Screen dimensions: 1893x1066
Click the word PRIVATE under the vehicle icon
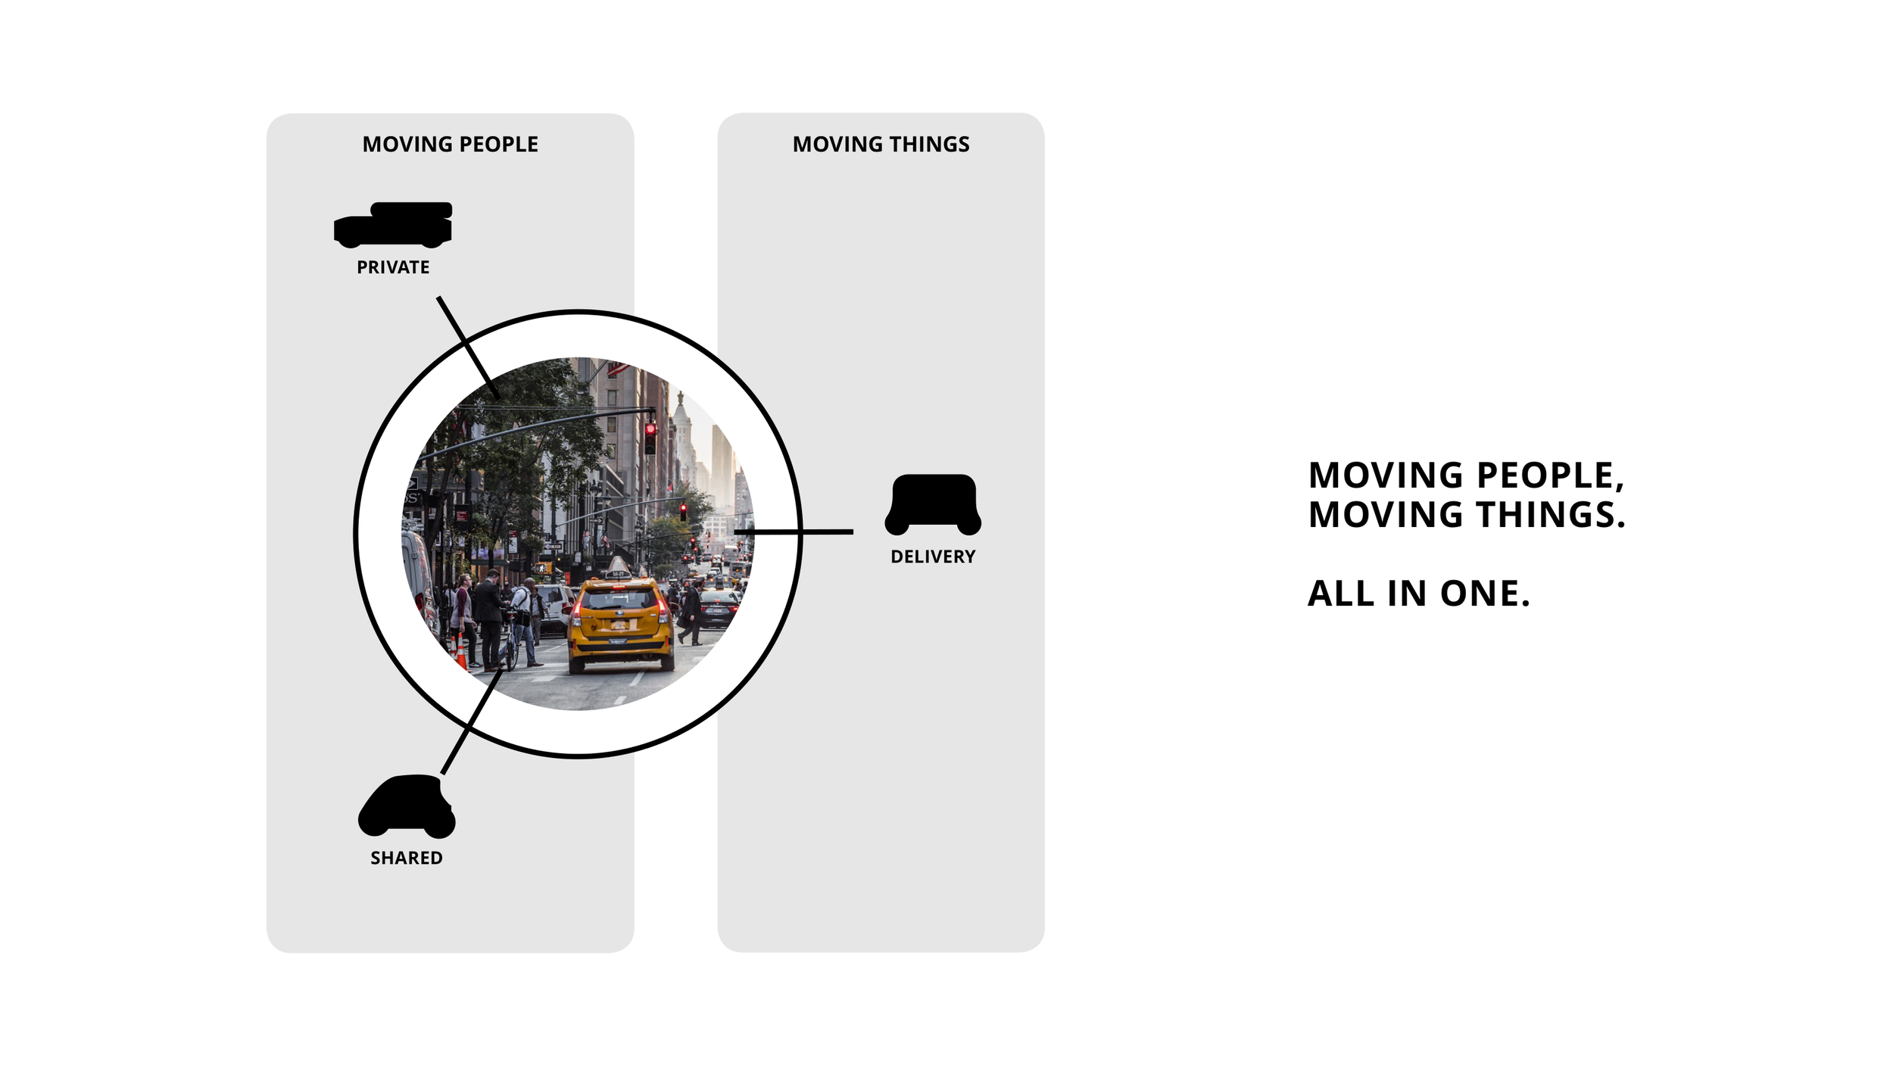pos(393,267)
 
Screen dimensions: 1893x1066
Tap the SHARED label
pos(406,858)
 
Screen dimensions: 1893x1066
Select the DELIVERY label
pos(933,556)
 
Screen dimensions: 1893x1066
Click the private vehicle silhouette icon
pos(393,225)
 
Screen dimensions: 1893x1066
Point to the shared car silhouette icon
pos(407,807)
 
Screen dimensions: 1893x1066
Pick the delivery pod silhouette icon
pos(933,504)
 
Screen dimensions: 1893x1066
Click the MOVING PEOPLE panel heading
pos(450,144)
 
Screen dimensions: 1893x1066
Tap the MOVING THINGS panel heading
pos(881,144)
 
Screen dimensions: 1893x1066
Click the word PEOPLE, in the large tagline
pos(1550,475)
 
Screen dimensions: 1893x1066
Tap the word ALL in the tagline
pos(1341,594)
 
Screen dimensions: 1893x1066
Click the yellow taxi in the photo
pos(621,625)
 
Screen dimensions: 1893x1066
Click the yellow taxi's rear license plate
pos(619,625)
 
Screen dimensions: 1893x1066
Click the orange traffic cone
pos(461,653)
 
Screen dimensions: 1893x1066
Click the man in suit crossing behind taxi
pos(691,612)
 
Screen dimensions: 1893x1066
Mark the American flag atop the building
pos(618,369)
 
